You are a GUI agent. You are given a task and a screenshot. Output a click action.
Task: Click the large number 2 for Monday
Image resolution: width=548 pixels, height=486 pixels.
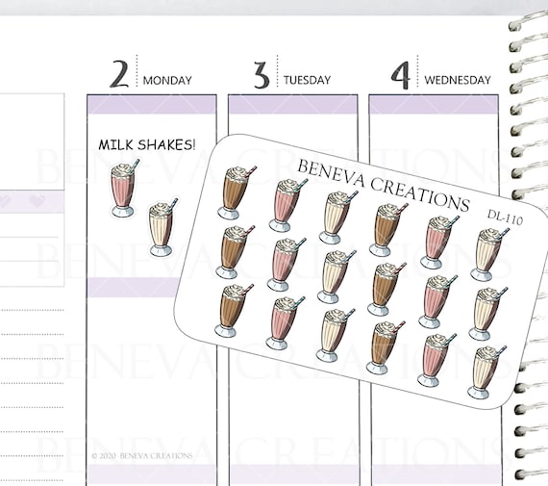pyautogui.click(x=119, y=74)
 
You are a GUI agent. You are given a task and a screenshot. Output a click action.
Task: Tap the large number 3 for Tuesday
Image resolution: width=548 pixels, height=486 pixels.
pyautogui.click(x=262, y=75)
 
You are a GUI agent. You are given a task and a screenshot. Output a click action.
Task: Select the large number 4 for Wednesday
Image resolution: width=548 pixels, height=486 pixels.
pyautogui.click(x=400, y=75)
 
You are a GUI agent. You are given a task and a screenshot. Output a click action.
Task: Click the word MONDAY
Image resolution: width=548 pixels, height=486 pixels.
pyautogui.click(x=167, y=81)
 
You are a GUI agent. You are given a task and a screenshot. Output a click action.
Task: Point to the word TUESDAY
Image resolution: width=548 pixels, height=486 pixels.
pyautogui.click(x=307, y=80)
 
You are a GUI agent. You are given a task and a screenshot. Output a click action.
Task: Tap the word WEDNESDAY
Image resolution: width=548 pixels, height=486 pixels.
pyautogui.click(x=458, y=80)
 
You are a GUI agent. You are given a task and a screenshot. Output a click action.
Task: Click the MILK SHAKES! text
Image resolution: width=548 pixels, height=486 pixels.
pyautogui.click(x=147, y=144)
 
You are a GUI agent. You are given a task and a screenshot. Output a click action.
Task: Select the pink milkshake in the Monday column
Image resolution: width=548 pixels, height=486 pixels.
pyautogui.click(x=124, y=189)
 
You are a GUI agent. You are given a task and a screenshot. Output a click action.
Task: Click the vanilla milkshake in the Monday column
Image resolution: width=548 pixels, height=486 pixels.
pyautogui.click(x=162, y=227)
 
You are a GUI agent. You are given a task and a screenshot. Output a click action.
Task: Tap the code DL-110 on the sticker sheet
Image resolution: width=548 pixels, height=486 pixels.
pyautogui.click(x=505, y=217)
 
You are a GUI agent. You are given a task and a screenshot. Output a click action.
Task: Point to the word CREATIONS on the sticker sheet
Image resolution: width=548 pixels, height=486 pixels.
pyautogui.click(x=419, y=194)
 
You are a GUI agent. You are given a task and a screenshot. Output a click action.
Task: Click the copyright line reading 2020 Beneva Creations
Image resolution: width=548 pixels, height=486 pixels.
pyautogui.click(x=142, y=456)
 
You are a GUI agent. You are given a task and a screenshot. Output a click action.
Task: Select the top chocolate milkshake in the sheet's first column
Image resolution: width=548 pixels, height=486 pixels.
pyautogui.click(x=236, y=192)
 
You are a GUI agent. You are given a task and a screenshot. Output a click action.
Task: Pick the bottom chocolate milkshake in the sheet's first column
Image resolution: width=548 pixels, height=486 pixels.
pyautogui.click(x=232, y=310)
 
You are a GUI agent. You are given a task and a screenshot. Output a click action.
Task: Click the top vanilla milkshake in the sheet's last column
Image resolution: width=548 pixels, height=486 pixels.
pyautogui.click(x=488, y=255)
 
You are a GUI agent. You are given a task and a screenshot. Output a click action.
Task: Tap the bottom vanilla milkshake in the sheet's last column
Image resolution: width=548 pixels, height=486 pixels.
pyautogui.click(x=486, y=371)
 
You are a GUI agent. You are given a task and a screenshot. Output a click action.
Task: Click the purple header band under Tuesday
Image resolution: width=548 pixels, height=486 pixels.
pyautogui.click(x=293, y=105)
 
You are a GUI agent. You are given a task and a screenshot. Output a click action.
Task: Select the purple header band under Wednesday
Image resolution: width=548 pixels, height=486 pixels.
pyautogui.click(x=434, y=105)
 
